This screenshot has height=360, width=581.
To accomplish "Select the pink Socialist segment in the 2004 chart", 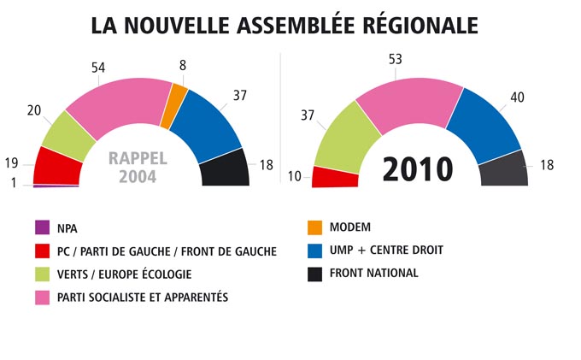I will (x=119, y=107).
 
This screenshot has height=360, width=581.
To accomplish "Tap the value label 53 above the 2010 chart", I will (x=395, y=59).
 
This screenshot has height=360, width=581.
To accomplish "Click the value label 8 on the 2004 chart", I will (x=182, y=64).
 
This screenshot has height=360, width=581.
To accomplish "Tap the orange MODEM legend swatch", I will (x=314, y=227).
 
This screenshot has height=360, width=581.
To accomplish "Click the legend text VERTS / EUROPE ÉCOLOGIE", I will (x=125, y=274).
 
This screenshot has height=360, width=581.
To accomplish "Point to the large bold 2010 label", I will (x=417, y=169).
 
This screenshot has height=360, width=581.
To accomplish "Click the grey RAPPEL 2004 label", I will (x=138, y=168).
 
